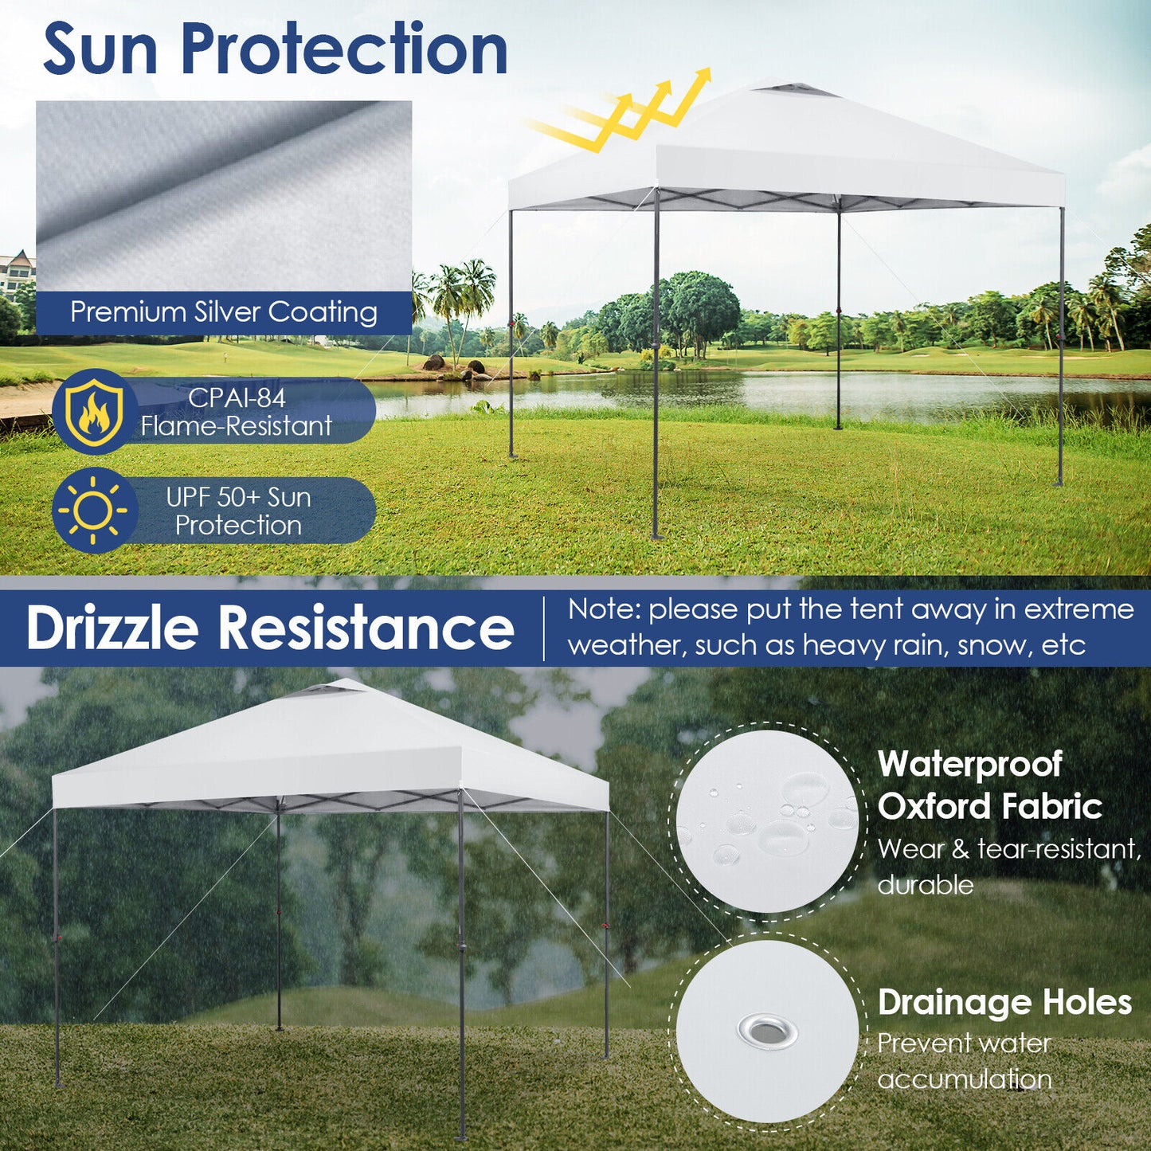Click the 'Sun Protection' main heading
[275, 49]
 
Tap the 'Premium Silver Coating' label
[224, 312]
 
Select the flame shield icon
[94, 412]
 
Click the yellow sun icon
[94, 511]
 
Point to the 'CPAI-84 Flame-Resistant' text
[237, 412]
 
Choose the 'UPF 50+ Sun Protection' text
[238, 511]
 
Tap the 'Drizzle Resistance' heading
[270, 628]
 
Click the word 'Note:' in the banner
[605, 610]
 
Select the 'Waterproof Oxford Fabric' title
[989, 785]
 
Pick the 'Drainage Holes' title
[1004, 1002]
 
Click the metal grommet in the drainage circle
[767, 1032]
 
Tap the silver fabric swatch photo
[224, 195]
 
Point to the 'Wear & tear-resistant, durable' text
[1008, 867]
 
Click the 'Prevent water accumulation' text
[965, 1061]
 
